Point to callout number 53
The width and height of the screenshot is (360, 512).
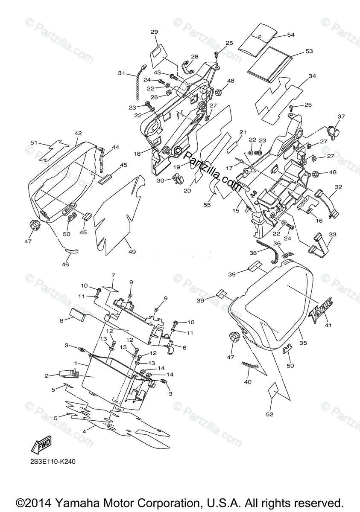pyautogui.click(x=309, y=51)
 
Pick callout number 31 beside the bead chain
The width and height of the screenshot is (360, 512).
pyautogui.click(x=122, y=73)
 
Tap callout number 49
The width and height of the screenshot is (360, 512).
pyautogui.click(x=132, y=252)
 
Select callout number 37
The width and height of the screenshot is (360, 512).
pyautogui.click(x=341, y=116)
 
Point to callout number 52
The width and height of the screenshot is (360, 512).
pyautogui.click(x=270, y=414)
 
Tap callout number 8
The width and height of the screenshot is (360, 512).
pyautogui.click(x=61, y=320)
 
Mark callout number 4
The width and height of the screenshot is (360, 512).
pyautogui.click(x=84, y=431)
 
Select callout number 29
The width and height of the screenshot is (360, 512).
pyautogui.click(x=155, y=32)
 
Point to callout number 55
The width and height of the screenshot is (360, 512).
pyautogui.click(x=207, y=205)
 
